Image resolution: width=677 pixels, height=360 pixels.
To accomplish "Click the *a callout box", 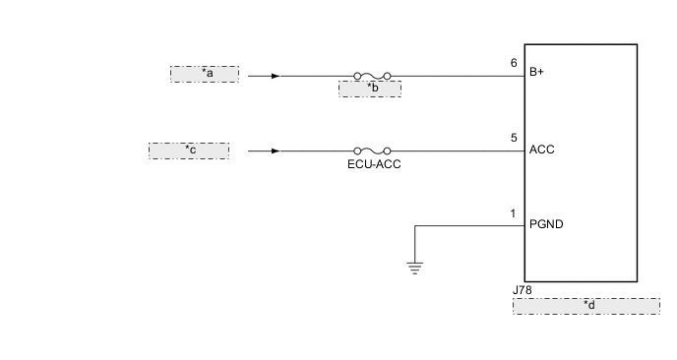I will pos(205,74).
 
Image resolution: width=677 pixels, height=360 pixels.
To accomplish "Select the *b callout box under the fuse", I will pos(369,89).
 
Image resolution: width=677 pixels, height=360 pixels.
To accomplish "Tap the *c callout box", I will pos(188,150).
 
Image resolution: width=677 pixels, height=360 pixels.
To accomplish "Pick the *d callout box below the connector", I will pos(585,306).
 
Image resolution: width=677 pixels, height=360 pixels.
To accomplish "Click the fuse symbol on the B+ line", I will pos(372,75).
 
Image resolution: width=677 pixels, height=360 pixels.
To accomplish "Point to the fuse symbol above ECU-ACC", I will pos(372,150).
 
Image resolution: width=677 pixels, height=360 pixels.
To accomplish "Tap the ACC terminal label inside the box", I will pos(541,150).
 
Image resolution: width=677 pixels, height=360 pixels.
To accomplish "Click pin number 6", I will pos(514,63).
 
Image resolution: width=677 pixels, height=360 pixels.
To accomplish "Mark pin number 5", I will pos(514,139).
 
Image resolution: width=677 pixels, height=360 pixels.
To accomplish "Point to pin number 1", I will pos(513,213).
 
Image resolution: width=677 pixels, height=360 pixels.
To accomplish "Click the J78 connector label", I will pos(522,291).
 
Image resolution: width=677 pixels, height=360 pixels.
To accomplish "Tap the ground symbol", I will pos(415,265).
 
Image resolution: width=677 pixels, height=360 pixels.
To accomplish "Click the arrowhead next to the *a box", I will pos(275,75).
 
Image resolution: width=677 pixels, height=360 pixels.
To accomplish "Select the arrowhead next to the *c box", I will pos(275,150).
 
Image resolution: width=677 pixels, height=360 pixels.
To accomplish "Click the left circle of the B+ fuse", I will pos(356,75).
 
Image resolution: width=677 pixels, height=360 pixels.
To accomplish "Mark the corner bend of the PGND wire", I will pos(415,226).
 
